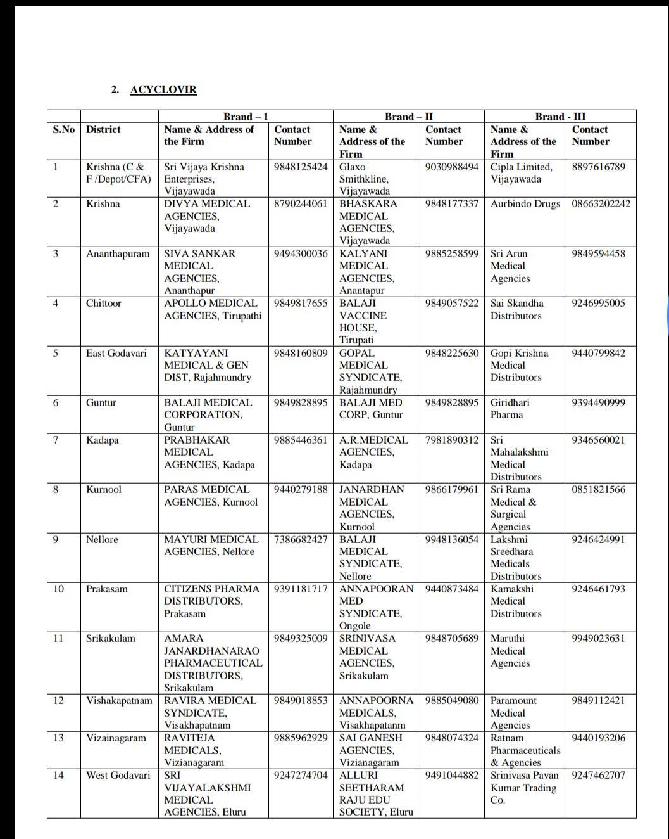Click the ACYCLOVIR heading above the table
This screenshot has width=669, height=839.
163,89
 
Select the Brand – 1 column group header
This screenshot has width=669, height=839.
246,117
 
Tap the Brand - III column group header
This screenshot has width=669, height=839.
560,117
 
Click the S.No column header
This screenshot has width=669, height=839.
63,129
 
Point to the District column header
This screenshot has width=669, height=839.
103,129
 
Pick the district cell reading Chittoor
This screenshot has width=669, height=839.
103,303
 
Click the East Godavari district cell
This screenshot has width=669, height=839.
116,353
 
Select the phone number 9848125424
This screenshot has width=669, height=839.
301,167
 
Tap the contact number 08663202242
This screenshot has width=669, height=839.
601,203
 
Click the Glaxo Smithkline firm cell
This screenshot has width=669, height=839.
364,179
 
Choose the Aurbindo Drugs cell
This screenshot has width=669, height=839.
525,203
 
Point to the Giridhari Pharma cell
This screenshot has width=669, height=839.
510,409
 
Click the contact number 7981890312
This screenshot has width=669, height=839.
452,440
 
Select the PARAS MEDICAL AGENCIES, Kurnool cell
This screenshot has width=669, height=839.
211,496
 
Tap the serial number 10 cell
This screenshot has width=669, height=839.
58,589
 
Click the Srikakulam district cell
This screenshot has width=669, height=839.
111,638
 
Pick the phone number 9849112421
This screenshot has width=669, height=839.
598,700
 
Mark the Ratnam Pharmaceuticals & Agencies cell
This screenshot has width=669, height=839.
525,750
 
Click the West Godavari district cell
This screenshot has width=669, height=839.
118,775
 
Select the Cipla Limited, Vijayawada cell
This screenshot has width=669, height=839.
522,173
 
